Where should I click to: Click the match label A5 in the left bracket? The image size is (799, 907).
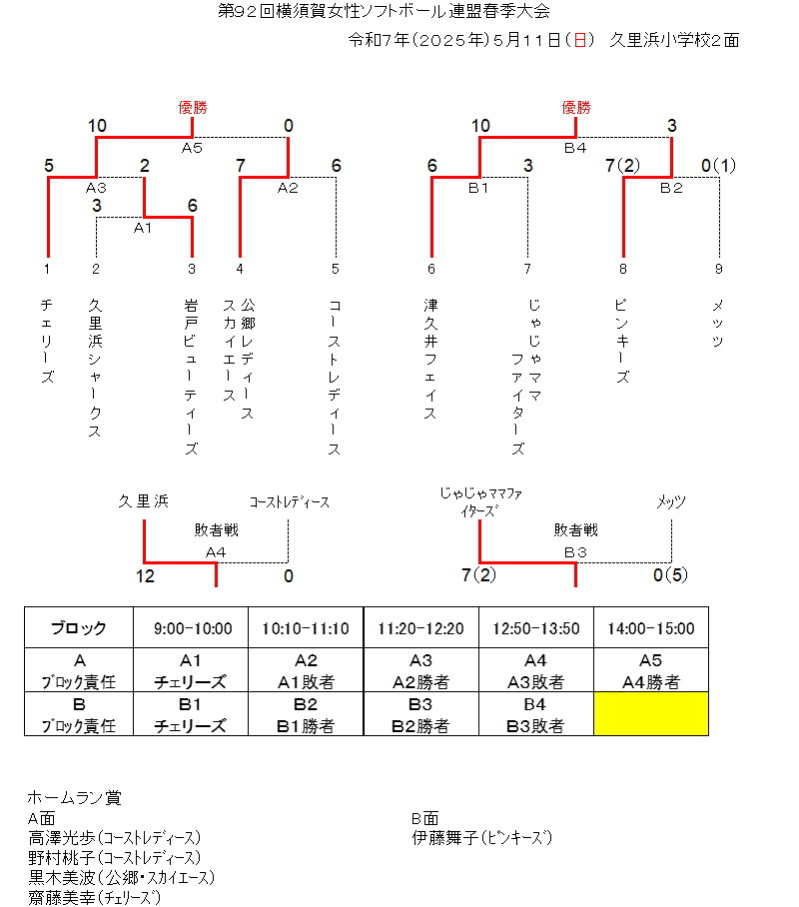192,148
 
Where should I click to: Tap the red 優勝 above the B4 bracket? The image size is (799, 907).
576,108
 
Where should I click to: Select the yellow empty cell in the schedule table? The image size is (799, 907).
651,714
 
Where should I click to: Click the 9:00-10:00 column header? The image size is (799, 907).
193,628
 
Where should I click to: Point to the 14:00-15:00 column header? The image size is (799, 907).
651,628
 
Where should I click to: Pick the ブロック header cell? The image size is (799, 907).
79,628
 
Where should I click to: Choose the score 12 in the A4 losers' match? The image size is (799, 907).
145,576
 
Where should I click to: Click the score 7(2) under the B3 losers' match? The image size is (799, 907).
479,575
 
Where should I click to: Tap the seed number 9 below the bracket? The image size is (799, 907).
718,269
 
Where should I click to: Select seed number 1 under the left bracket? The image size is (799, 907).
47,269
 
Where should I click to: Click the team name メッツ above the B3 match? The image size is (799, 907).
671,501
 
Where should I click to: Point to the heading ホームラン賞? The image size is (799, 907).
75,798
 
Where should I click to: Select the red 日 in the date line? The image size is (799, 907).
579,40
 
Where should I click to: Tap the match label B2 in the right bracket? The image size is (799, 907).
671,188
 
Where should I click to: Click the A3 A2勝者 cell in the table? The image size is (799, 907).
421,670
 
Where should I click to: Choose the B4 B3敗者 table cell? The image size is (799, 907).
535,714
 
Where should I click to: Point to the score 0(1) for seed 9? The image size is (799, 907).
718,166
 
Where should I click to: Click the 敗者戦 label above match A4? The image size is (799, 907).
217,529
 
